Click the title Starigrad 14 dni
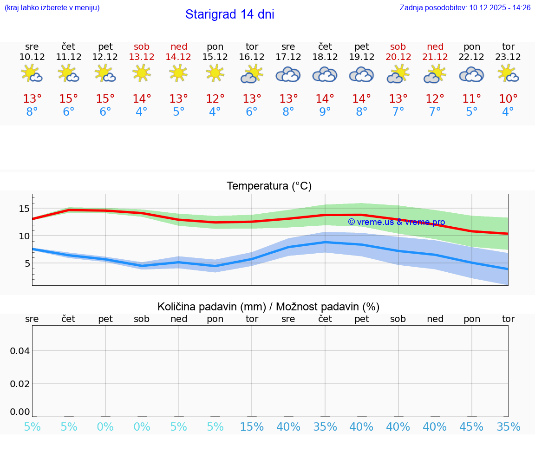229,14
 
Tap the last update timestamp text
465,7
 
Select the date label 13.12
142,57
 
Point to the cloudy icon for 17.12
288,75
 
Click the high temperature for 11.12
69,99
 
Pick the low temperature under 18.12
325,112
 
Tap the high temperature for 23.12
508,99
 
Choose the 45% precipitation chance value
471,427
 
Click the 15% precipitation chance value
252,427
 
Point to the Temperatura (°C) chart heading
269,186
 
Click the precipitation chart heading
268,307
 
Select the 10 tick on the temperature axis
24,236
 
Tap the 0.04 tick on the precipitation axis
20,351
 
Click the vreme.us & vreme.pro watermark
396,222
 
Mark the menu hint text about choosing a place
52,7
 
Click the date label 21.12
435,57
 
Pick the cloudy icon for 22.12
471,75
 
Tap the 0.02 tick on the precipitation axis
20,384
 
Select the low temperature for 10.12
32,112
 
